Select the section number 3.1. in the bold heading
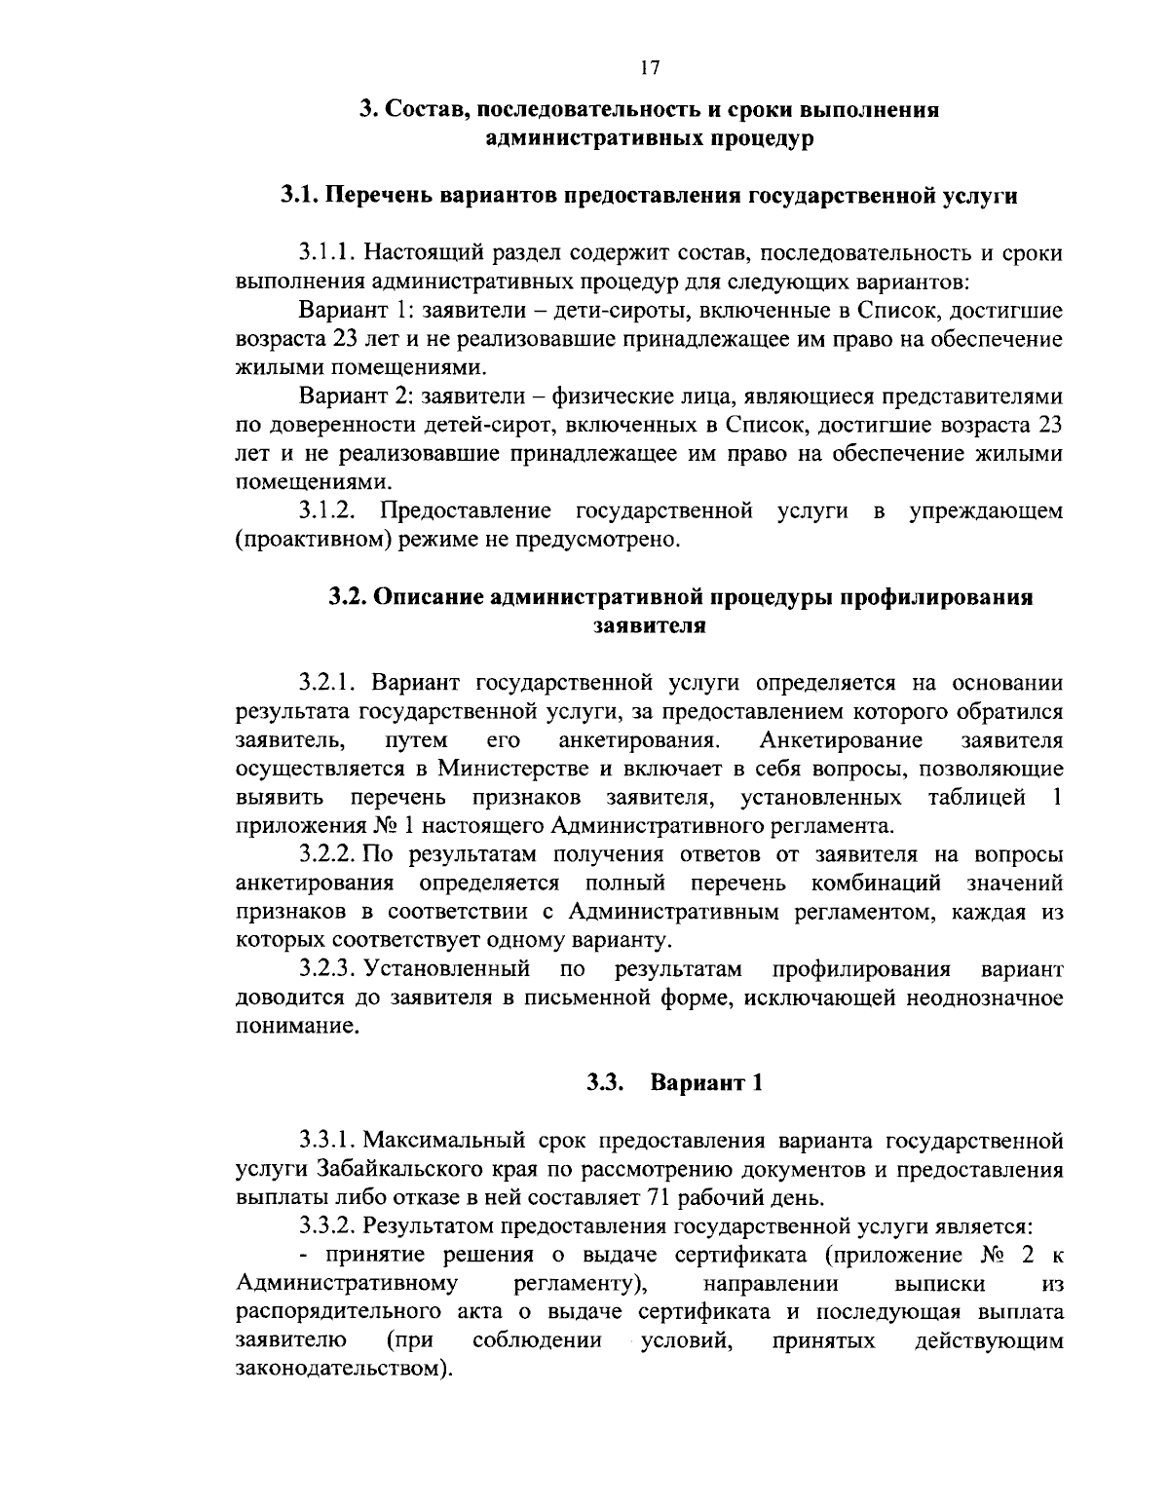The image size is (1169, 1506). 299,195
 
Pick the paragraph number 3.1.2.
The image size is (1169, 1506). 333,510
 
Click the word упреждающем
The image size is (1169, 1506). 985,510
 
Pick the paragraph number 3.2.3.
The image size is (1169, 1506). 330,969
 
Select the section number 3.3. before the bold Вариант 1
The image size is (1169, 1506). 604,1083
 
